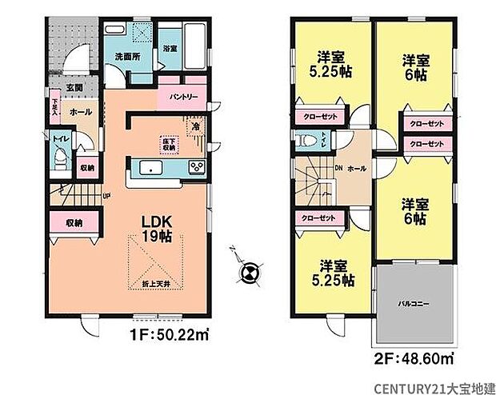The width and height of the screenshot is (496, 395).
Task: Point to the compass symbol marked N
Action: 249,273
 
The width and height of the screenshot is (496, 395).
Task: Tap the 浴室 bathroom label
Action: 170,48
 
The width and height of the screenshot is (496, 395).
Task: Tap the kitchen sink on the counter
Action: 150,167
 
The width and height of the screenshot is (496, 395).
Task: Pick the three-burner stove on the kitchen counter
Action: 196,166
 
